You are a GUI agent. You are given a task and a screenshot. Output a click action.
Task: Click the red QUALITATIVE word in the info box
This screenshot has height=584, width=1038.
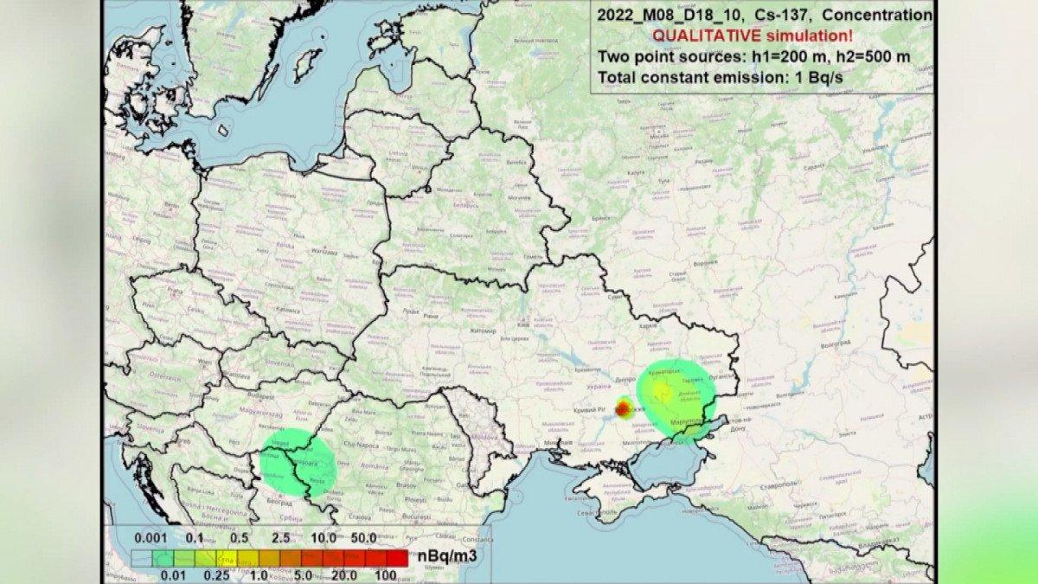[x=702, y=36]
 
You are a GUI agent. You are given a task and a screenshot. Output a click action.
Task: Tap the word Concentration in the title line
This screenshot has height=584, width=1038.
[x=885, y=15]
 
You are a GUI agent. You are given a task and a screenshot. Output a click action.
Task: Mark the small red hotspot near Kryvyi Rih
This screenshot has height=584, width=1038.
[x=624, y=408]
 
